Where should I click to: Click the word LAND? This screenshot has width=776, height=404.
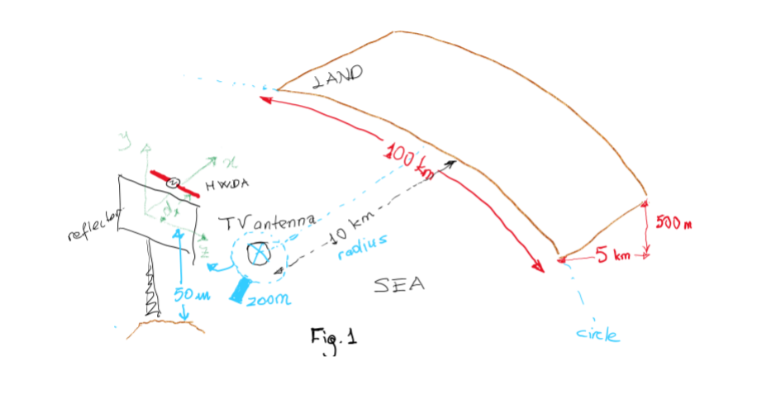tap(339, 77)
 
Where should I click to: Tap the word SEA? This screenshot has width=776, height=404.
tap(399, 285)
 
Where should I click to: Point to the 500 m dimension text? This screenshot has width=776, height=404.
tap(674, 223)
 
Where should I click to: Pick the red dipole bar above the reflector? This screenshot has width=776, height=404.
tap(174, 183)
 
